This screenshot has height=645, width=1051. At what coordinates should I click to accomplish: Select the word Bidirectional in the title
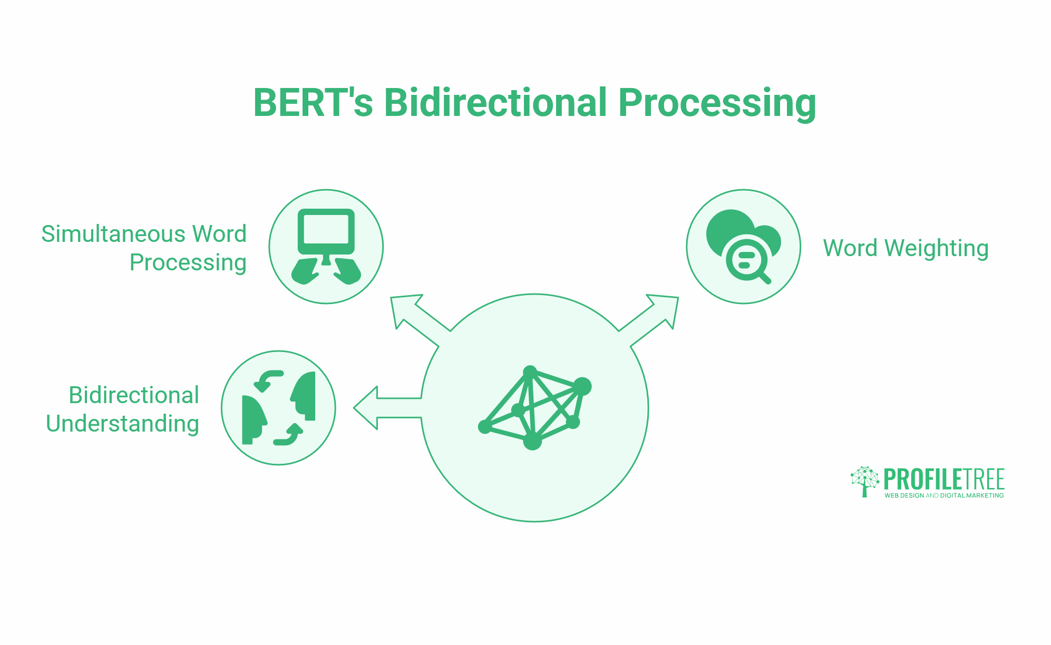[495, 103]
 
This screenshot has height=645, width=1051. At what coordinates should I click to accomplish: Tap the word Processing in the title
[717, 104]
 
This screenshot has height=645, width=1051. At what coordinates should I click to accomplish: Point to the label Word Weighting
[906, 248]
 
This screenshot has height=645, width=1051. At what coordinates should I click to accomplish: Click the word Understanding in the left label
[122, 424]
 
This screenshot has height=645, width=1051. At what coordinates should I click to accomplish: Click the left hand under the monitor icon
[305, 271]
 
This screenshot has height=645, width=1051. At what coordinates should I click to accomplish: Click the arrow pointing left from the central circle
[379, 408]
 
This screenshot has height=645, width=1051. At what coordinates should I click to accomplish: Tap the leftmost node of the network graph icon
[484, 427]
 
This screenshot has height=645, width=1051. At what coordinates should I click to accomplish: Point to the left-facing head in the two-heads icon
[304, 395]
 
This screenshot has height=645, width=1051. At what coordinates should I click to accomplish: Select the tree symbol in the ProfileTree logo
[864, 481]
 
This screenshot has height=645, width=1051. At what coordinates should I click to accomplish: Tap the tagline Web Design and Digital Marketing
[943, 495]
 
